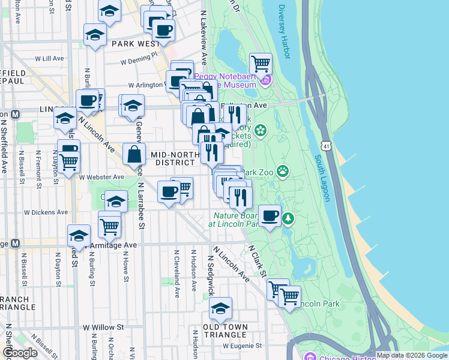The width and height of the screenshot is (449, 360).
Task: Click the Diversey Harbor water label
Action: (284, 32)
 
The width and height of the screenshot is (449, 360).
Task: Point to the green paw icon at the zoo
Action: (282, 172)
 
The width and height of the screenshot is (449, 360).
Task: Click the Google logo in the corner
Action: (19, 353)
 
